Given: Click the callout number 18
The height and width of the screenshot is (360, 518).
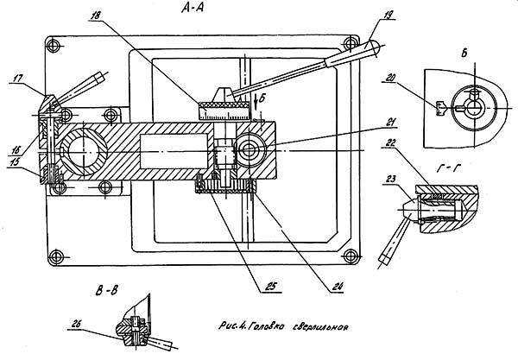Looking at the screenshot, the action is tap(96, 16).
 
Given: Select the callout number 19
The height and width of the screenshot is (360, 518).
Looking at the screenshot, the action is tap(389, 15).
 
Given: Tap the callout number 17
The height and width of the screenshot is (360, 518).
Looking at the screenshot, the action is tap(18, 79).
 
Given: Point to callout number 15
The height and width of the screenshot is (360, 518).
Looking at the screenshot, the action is tap(14, 162).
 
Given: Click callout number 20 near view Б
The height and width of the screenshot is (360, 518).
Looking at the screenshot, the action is tap(390, 78).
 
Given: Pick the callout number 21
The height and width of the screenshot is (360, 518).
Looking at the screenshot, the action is tap(390, 123).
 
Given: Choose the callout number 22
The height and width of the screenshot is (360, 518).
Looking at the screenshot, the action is tap(390, 142).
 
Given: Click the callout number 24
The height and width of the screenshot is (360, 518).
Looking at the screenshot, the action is tap(338, 286).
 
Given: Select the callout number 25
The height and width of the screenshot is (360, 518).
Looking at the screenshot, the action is tap(271, 287).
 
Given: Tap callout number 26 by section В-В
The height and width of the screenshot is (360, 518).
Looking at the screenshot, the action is tap(75, 324).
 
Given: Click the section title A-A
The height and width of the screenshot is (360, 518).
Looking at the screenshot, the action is tap(193, 7).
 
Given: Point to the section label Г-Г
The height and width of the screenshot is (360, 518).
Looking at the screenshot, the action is tap(448, 168).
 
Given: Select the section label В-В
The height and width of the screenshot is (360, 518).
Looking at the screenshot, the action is tap(107, 291).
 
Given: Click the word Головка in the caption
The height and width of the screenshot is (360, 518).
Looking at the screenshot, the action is tap(266, 326).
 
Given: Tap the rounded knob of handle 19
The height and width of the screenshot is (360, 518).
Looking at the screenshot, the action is tap(373, 48).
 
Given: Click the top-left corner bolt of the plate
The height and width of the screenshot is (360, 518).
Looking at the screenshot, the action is tap(54, 45).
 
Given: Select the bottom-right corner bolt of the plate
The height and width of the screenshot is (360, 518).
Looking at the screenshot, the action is tap(351, 256).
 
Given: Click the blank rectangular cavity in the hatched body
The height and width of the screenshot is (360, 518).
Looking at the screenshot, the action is tap(174, 151).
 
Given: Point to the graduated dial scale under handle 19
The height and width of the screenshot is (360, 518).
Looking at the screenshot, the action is tap(224, 113).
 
